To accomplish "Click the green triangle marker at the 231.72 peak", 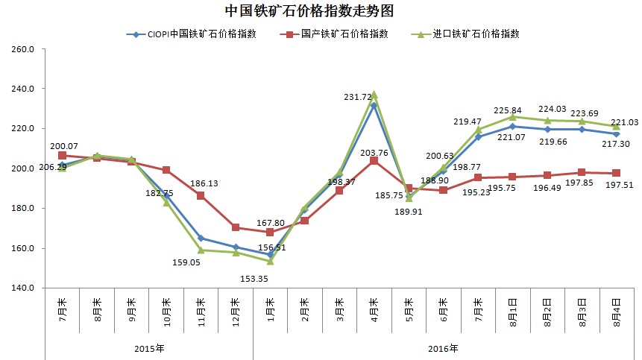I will tap(374, 95).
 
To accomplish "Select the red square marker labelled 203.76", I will tap(374, 160).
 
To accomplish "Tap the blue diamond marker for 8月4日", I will tap(616, 133).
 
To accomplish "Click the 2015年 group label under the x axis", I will tap(150, 348).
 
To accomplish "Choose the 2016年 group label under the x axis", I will tap(444, 348).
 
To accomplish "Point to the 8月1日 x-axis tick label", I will tap(513, 313).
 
